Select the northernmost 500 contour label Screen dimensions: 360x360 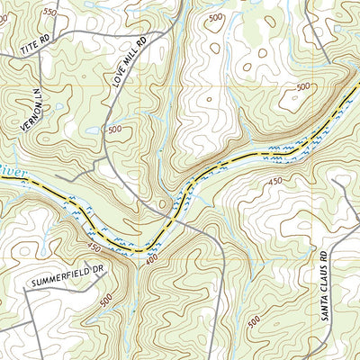[x=215, y=18]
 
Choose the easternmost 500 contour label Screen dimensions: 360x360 [x=302, y=87]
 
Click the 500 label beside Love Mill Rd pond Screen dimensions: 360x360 [x=115, y=130]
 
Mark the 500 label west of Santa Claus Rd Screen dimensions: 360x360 [x=255, y=320]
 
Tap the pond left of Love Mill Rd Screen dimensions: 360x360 [x=92, y=131]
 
